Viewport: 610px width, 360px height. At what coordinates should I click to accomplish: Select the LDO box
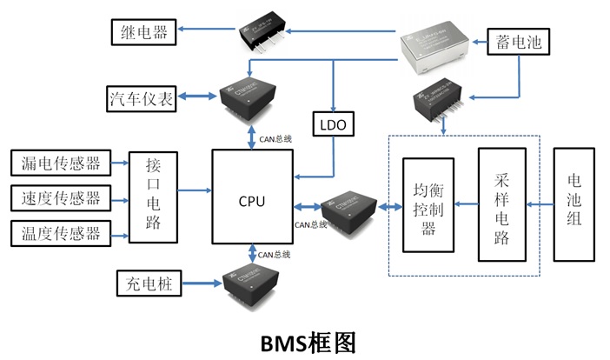pos(334,125)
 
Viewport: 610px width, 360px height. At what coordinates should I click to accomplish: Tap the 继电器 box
pos(144,35)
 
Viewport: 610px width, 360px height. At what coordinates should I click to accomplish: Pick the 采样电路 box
pos(501,204)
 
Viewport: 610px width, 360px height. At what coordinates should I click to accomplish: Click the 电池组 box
pos(575,204)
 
